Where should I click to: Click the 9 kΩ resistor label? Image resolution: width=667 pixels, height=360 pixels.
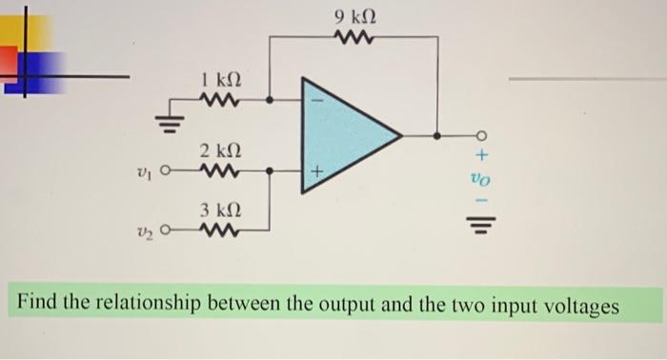pyautogui.click(x=354, y=17)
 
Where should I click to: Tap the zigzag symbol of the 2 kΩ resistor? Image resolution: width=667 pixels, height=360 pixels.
pyautogui.click(x=219, y=172)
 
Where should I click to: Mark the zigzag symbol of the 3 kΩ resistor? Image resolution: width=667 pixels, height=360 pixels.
pyautogui.click(x=219, y=230)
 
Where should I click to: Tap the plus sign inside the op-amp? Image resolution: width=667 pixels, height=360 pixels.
pyautogui.click(x=319, y=172)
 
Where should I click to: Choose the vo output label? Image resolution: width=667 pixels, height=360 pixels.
pyautogui.click(x=482, y=179)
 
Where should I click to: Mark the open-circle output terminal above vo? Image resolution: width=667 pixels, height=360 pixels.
pyautogui.click(x=482, y=134)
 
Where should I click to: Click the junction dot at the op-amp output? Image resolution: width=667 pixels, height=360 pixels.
pyautogui.click(x=437, y=134)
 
